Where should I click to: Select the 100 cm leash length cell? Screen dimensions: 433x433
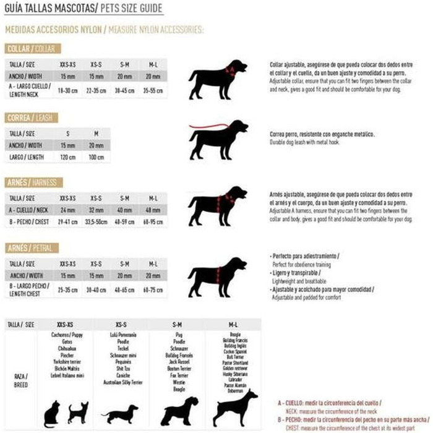click(95, 156)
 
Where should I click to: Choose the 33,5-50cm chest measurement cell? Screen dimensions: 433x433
click(96, 222)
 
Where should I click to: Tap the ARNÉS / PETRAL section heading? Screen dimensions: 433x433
click(32, 248)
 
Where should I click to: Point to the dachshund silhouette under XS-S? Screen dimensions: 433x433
click(119, 413)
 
